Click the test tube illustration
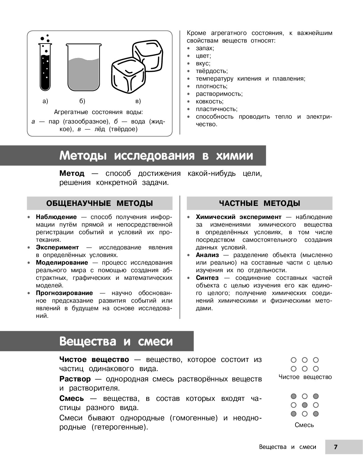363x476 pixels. tap(45, 67)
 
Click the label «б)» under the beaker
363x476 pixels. tap(82, 101)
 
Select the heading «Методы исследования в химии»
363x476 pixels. tap(156, 155)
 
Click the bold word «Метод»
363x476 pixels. tap(72, 173)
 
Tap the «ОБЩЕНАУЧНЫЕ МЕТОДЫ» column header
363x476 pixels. tap(99, 203)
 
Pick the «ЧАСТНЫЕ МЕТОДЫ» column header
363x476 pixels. tap(260, 203)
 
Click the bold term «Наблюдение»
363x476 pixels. tap(56, 217)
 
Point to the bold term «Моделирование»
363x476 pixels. tap(62, 262)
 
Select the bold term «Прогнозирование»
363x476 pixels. tap(64, 293)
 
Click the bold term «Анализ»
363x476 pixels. tap(207, 255)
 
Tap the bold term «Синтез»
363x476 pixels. tap(207, 278)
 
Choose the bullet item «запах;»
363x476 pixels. tap(205, 48)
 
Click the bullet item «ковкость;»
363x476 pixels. tap(209, 101)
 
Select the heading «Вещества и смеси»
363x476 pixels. tap(116, 341)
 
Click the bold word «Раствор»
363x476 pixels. tap(75, 379)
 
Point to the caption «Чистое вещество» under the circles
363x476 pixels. tap(305, 377)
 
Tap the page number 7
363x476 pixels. tap(336, 447)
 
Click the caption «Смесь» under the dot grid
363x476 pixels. tap(304, 425)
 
